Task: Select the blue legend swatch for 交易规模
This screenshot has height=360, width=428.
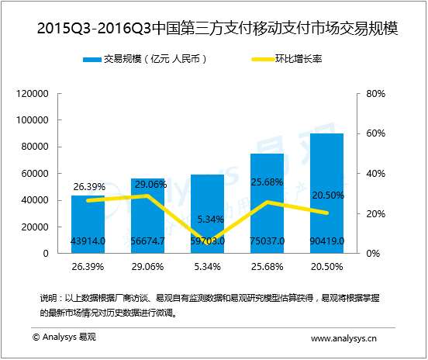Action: coord(89,60)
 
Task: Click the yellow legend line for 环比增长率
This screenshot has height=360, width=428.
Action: coord(264,60)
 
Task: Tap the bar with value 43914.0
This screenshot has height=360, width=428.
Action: coord(88,225)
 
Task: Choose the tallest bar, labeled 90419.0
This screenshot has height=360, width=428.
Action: coord(326,194)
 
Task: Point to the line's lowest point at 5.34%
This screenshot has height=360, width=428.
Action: coord(207,242)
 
